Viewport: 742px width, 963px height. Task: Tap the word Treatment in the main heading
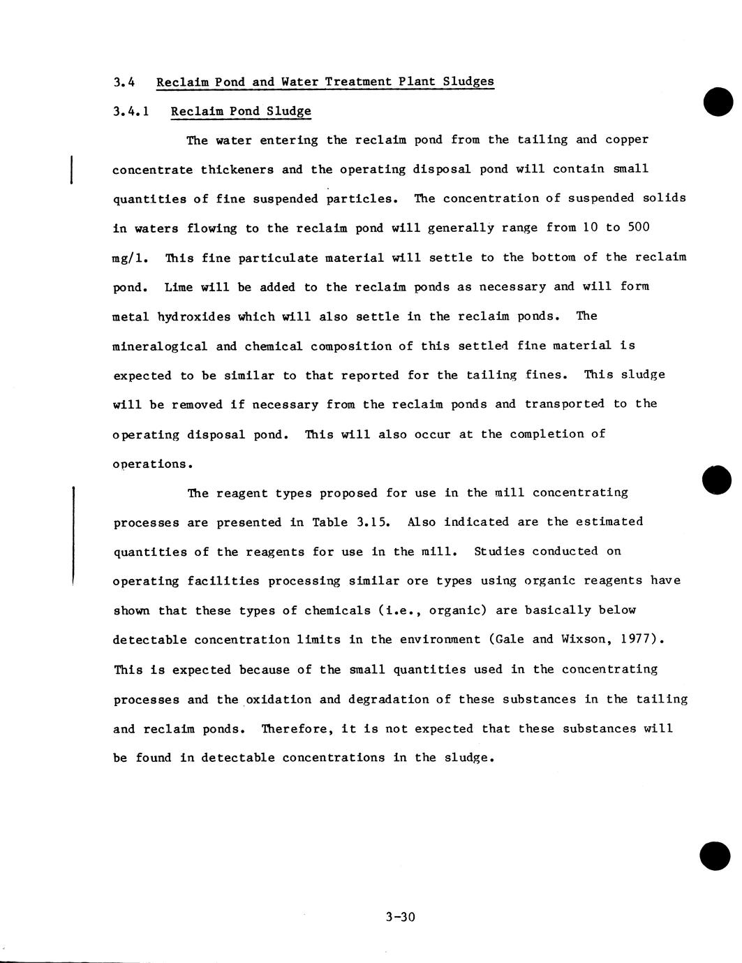coord(358,82)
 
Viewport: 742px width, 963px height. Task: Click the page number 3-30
coord(400,917)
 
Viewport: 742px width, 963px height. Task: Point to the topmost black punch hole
coord(718,103)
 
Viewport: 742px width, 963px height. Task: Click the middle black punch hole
coord(717,480)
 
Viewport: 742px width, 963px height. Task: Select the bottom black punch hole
coord(715,856)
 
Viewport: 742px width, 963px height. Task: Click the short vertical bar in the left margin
coord(72,169)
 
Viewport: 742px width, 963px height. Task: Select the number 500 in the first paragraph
coord(639,228)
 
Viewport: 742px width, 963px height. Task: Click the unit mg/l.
coord(130,258)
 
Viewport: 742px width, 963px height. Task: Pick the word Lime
coord(179,287)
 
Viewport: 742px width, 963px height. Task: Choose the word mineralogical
coord(160,346)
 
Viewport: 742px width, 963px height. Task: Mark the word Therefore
coord(297,729)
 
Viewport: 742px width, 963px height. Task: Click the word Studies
coord(499,552)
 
